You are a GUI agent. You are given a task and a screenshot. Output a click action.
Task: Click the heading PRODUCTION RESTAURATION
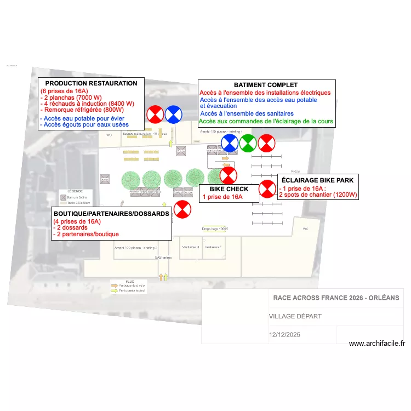(x=91, y=83)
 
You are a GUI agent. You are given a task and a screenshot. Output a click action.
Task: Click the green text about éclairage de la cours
(x=266, y=121)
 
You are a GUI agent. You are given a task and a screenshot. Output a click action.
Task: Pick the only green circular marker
(x=248, y=144)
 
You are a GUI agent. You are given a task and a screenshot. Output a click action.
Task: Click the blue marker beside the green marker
(x=230, y=144)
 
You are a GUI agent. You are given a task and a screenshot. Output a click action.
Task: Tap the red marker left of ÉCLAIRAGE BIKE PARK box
(x=267, y=189)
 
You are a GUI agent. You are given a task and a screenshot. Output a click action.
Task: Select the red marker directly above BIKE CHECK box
(x=228, y=175)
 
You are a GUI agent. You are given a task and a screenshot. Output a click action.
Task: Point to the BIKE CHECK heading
(x=229, y=189)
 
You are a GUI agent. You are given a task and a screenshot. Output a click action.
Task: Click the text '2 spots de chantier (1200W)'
(x=318, y=195)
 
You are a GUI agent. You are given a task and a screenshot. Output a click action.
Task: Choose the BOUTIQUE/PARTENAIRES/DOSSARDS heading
(x=111, y=214)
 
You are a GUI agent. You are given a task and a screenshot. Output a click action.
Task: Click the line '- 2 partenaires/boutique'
(x=85, y=234)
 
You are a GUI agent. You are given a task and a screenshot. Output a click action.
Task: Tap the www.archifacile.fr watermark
(x=376, y=344)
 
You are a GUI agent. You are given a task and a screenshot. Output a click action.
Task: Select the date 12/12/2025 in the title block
(x=285, y=334)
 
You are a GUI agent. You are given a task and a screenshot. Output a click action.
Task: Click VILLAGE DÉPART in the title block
(x=295, y=316)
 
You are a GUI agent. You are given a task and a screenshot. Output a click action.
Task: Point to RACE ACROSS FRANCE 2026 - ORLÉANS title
(x=336, y=298)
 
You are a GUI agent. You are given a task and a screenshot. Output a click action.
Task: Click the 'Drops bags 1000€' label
(x=214, y=229)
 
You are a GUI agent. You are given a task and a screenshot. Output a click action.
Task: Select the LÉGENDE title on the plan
(x=75, y=191)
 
